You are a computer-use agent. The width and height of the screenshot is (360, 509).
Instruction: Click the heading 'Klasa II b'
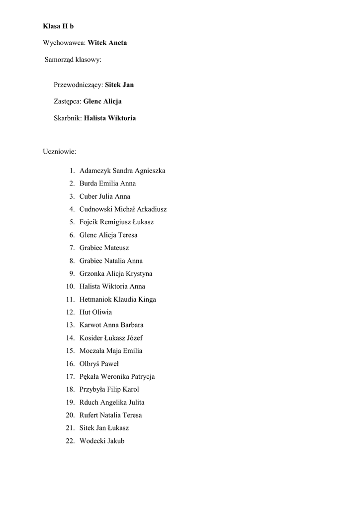coord(58,26)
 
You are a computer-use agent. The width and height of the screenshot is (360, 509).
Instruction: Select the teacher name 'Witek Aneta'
coord(107,43)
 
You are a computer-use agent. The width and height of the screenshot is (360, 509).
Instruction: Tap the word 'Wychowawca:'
coord(65,43)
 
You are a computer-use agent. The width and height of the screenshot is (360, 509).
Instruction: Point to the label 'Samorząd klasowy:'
coord(73,60)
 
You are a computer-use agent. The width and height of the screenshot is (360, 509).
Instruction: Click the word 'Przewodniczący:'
coord(78,85)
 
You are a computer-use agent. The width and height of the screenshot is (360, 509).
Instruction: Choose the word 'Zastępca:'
coord(68,101)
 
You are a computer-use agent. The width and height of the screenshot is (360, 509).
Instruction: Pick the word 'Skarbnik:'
coord(68,118)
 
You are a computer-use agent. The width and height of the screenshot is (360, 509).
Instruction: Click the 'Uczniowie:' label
coord(59,151)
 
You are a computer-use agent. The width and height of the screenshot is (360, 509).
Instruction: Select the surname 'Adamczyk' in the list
coord(95,170)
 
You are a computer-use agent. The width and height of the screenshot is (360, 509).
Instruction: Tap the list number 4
coord(72,209)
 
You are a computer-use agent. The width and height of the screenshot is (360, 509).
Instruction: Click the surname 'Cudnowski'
coord(96,209)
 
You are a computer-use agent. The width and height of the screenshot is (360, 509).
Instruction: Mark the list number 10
coord(70,286)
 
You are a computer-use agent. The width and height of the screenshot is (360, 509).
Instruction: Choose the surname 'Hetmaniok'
coord(95,299)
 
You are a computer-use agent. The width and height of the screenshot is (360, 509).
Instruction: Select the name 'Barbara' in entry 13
coord(132,325)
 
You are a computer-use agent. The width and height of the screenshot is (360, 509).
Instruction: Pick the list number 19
coord(70,402)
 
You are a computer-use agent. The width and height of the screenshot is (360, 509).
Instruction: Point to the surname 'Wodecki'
coord(92,441)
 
